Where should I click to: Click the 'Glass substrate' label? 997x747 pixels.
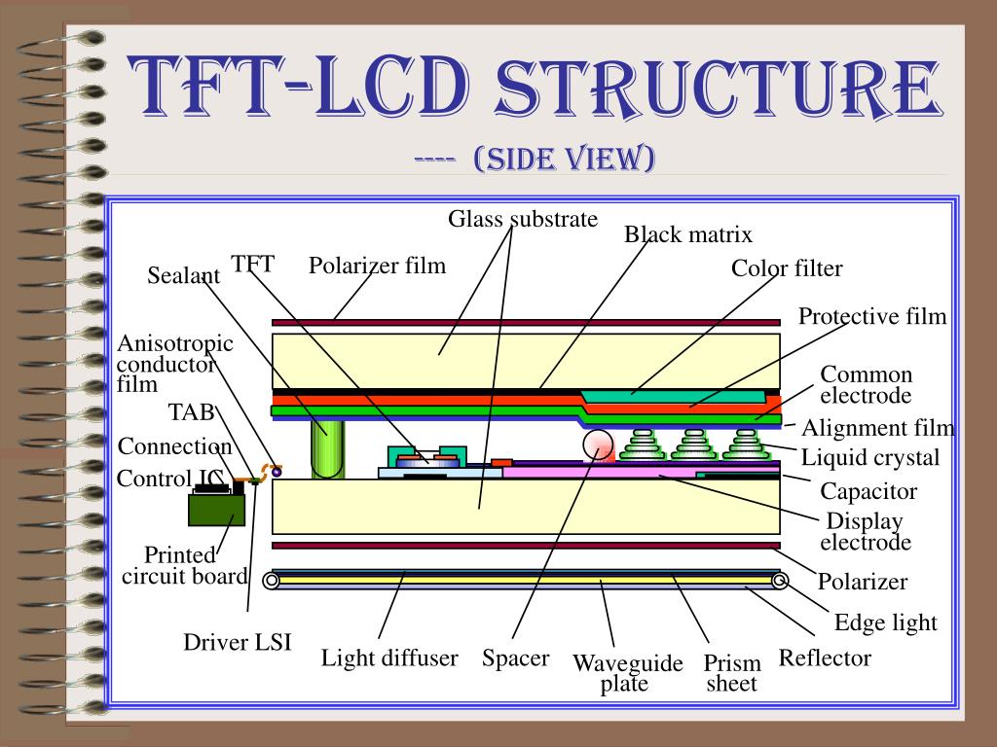(x=523, y=219)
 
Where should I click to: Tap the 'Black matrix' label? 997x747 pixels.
(x=688, y=234)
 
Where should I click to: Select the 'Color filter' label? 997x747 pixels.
(x=787, y=268)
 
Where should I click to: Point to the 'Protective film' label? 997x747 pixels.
(x=872, y=316)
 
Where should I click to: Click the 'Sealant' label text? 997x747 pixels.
(x=184, y=276)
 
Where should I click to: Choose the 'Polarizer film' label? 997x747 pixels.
(x=377, y=266)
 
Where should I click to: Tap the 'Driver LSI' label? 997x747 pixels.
(x=238, y=643)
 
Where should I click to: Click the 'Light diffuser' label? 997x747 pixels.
(x=389, y=658)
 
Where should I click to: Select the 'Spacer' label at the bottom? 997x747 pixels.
(x=515, y=658)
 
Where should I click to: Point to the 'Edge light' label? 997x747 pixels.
(x=886, y=622)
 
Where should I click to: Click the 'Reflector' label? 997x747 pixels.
(x=825, y=658)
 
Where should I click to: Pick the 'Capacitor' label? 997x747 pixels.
(x=868, y=491)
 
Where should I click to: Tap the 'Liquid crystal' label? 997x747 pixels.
(x=870, y=457)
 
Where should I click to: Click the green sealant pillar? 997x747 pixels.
(x=327, y=448)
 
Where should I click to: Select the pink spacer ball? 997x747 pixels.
(x=599, y=445)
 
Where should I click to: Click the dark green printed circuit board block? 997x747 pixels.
(x=216, y=507)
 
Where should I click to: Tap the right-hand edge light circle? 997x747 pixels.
(x=780, y=582)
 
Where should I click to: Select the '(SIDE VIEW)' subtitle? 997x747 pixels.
(x=564, y=158)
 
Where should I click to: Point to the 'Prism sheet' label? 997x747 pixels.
(x=731, y=674)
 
